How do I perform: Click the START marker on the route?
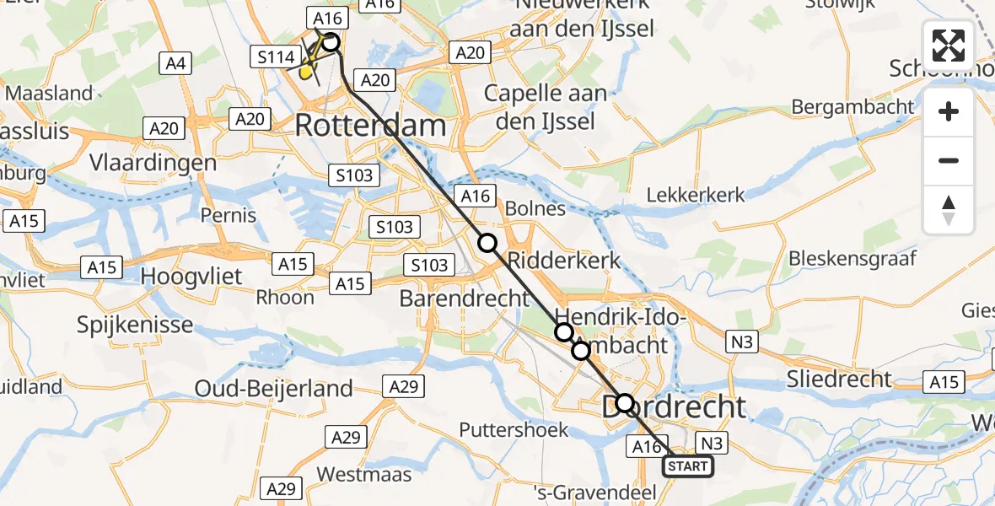[x=688, y=466]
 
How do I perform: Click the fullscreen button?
[x=949, y=46]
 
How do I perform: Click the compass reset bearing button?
[x=949, y=210]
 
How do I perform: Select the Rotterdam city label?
[x=370, y=126]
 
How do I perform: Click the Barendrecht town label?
[x=465, y=299]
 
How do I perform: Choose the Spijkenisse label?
[x=134, y=325]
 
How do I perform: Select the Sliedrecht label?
[x=838, y=379]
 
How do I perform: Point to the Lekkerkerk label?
[x=696, y=195]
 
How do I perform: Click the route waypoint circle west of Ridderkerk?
[x=487, y=244]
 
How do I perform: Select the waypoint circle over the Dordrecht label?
[x=624, y=403]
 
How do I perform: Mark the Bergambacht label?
[x=852, y=107]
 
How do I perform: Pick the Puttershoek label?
[x=514, y=430]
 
